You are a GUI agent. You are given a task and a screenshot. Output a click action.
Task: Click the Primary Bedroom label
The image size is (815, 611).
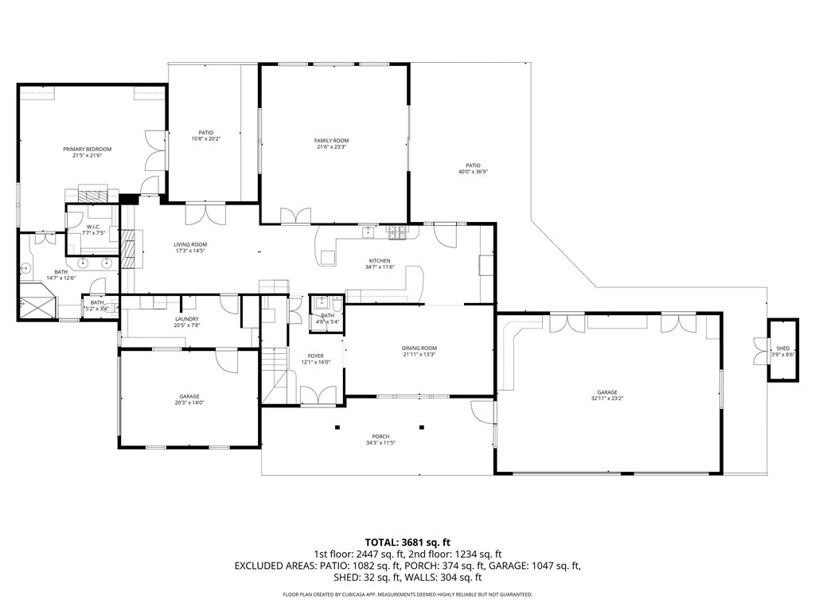pyautogui.click(x=88, y=149)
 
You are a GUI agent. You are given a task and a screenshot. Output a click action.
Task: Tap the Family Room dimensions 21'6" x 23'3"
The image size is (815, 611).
pyautogui.click(x=332, y=147)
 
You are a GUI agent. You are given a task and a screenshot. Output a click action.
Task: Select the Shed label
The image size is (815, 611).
pyautogui.click(x=783, y=348)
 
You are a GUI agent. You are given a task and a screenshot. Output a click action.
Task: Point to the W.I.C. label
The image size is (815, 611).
pyautogui.click(x=94, y=227)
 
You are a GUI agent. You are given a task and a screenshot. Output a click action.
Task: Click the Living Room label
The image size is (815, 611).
pyautogui.click(x=190, y=244)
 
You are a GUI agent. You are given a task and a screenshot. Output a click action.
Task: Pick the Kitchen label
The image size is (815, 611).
pyautogui.click(x=380, y=261)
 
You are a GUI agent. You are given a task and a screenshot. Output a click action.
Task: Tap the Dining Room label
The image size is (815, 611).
pyautogui.click(x=419, y=348)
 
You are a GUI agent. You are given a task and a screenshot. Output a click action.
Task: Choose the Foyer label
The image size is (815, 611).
pyautogui.click(x=315, y=356)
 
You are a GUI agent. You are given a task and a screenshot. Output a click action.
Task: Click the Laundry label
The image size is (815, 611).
pyautogui.click(x=187, y=319)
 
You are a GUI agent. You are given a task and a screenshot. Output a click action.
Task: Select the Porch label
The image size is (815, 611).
pyautogui.click(x=380, y=437)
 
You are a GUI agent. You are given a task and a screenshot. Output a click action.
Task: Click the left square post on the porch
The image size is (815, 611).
pyautogui.click(x=337, y=427)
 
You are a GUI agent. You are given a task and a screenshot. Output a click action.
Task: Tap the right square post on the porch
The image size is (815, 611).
pyautogui.click(x=422, y=427)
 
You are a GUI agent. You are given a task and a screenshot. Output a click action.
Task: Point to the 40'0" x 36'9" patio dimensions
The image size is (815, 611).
pyautogui.click(x=473, y=172)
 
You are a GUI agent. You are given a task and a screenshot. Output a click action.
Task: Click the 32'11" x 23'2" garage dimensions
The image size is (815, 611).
pyautogui.click(x=607, y=399)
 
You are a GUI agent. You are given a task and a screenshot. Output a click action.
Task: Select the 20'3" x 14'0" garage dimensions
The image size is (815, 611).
pyautogui.click(x=189, y=403)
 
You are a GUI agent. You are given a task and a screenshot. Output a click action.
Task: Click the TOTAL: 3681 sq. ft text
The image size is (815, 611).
pyautogui.click(x=407, y=543)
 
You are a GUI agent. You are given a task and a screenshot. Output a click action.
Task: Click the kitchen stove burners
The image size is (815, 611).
pyautogui.click(x=397, y=233)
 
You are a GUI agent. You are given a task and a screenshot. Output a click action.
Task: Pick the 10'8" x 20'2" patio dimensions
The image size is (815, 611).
pyautogui.click(x=206, y=138)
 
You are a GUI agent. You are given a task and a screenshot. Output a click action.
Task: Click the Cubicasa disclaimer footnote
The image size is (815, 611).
pyautogui.click(x=407, y=594)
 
